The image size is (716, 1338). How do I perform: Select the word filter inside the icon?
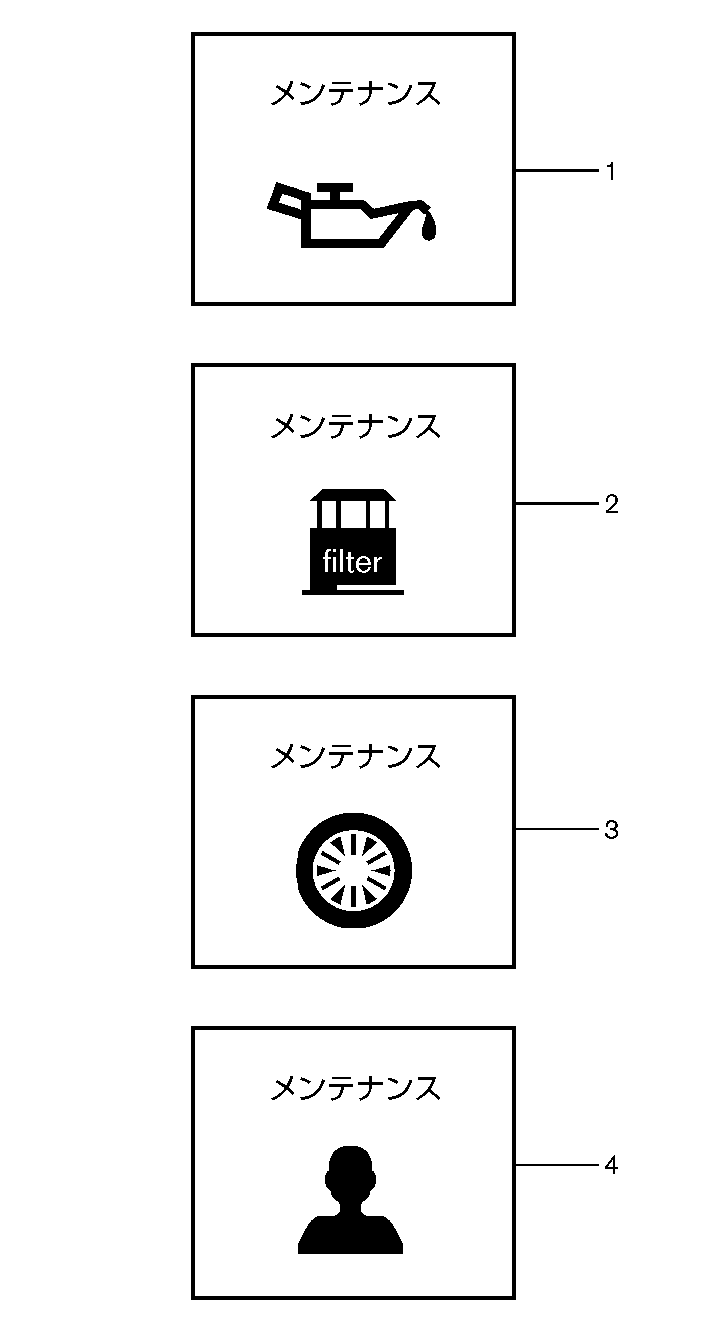352,563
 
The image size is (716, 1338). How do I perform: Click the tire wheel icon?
353,870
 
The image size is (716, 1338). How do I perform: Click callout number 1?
611,172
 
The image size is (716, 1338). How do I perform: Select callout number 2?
611,504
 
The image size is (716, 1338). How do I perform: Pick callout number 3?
611,830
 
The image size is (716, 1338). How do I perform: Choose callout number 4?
611,1166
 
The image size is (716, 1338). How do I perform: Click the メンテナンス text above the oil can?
355,94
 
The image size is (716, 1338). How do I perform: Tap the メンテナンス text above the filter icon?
355,426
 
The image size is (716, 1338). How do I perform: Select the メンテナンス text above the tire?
355,756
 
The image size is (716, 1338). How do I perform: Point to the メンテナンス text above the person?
355,1088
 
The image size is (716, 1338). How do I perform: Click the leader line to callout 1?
555,171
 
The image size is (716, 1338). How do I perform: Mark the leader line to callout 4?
555,1165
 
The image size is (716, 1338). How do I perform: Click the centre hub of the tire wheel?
353,870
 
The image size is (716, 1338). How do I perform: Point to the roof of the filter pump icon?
353,495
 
